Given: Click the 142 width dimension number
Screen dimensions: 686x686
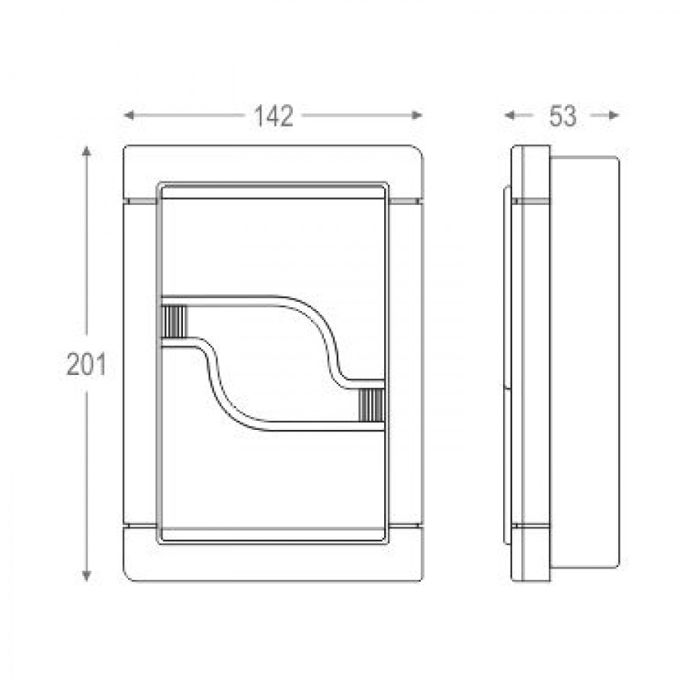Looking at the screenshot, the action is tap(274, 117).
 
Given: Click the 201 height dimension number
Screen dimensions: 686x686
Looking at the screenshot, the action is tap(86, 364).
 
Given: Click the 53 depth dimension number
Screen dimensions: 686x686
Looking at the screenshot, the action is tap(563, 117).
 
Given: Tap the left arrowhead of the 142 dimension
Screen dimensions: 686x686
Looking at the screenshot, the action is tap(129, 116).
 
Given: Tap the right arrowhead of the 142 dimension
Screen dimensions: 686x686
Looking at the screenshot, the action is tap(418, 116).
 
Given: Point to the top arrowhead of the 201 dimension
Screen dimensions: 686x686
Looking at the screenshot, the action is tap(87, 152).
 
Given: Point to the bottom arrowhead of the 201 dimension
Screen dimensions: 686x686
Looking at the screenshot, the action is tap(87, 575).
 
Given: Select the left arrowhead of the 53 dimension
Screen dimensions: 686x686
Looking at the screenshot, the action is tap(509, 116).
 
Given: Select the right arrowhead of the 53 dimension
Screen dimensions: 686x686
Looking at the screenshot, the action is tap(614, 116).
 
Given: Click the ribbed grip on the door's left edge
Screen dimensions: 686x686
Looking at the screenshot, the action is tap(174, 322).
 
